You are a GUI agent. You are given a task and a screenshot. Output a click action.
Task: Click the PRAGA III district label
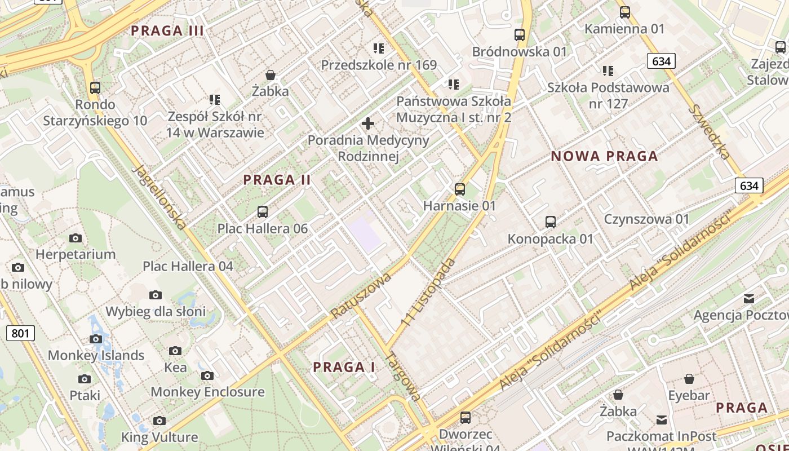pos(167,31)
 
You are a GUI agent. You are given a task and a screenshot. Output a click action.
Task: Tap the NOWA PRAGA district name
pos(604,156)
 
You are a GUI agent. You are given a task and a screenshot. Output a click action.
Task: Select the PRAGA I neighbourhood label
pos(344,367)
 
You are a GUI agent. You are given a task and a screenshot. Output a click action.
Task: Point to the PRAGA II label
pos(277,180)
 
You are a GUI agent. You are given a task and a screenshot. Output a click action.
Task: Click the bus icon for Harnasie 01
pos(460,189)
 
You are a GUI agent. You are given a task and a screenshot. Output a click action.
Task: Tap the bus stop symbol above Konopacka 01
pos(551,222)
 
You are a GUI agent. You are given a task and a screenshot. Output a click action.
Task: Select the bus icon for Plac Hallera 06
pos(263,212)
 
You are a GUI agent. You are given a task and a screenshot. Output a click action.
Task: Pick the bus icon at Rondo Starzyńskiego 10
pos(95,88)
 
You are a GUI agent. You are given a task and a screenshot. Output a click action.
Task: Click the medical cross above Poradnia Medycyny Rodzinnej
pos(368,123)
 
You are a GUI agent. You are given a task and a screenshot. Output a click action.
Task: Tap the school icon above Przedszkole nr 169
pos(378,48)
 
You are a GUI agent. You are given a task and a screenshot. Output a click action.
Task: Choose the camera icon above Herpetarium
pos(76,238)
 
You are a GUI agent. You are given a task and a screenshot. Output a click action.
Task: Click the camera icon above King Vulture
pos(159,421)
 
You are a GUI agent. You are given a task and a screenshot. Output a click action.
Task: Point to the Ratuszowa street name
pos(361,297)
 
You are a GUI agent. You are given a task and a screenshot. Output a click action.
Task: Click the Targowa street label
pos(404,377)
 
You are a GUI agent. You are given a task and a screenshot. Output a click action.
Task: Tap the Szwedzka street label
pos(711,131)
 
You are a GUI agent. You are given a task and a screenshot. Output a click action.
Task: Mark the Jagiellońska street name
pos(159,197)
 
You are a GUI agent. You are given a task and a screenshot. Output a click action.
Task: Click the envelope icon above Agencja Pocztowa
pos(749,298)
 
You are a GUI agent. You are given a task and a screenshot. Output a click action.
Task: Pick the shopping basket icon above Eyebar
pos(689,379)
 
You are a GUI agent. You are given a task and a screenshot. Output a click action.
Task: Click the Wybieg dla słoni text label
pos(156,311)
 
